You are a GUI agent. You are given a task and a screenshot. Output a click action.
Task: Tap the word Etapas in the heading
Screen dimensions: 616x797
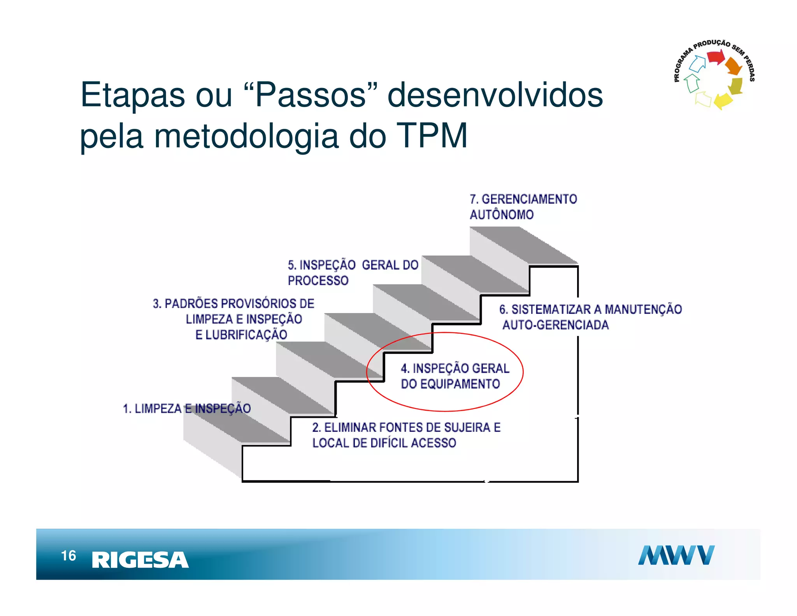tap(132, 95)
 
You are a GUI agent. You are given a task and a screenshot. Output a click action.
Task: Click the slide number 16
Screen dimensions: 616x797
tap(68, 556)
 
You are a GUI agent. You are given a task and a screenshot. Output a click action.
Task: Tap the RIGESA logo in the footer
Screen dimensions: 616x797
tap(140, 560)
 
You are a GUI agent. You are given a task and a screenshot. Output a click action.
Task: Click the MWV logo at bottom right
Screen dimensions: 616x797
tap(676, 555)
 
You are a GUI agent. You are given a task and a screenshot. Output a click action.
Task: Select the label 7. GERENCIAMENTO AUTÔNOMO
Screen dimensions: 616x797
tap(523, 207)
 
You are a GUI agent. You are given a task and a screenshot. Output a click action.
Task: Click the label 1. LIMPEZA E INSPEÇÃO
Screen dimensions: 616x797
tap(187, 408)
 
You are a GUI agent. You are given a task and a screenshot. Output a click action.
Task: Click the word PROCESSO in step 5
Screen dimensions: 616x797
tap(318, 280)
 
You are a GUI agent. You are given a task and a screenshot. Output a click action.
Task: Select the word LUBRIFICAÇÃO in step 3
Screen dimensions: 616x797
tap(246, 335)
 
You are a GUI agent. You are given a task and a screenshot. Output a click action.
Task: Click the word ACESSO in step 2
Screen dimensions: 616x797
tap(433, 443)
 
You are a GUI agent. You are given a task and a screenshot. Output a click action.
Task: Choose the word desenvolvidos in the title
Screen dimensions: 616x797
tap(495, 95)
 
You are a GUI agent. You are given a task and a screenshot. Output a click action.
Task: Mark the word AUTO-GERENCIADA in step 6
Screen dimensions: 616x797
tap(555, 325)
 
